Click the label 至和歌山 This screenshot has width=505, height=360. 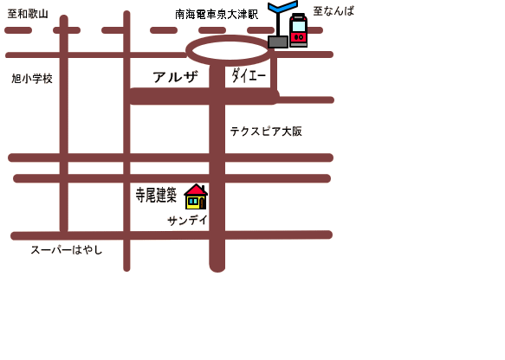(x=28, y=14)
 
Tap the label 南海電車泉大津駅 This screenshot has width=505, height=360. (x=217, y=14)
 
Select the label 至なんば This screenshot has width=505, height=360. (x=333, y=11)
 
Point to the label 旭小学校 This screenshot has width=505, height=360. (x=32, y=79)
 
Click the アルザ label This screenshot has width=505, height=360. (x=175, y=77)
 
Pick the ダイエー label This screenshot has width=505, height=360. (x=249, y=75)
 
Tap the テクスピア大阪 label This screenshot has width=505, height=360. (x=266, y=132)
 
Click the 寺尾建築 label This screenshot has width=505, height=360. (x=156, y=195)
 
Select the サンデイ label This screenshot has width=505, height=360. (x=187, y=221)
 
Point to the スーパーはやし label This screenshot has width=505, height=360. (x=67, y=250)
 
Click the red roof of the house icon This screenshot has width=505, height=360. (x=196, y=190)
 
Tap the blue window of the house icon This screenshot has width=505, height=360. (x=193, y=202)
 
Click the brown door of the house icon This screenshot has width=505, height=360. (x=202, y=203)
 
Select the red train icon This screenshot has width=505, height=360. (x=298, y=30)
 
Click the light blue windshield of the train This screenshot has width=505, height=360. (x=299, y=26)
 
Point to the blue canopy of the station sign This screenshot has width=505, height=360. (x=282, y=6)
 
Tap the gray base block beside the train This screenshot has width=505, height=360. (x=278, y=42)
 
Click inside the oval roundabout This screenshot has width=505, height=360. (x=229, y=50)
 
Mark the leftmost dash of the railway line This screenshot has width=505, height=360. (x=18, y=30)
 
